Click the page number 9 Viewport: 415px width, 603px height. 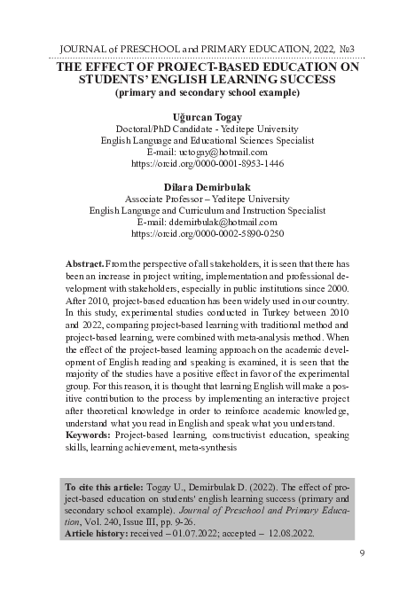click(363, 554)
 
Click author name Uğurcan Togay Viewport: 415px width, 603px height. click(207, 116)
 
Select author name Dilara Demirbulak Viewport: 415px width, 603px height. click(207, 187)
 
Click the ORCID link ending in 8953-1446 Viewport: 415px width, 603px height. click(207, 164)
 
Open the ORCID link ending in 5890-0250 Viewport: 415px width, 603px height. click(207, 235)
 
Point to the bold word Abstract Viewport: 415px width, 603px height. click(84, 265)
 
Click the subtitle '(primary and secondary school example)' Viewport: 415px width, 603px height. click(207, 91)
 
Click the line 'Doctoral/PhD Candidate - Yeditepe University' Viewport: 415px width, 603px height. click(207, 129)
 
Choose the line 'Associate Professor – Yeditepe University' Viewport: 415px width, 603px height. click(207, 200)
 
